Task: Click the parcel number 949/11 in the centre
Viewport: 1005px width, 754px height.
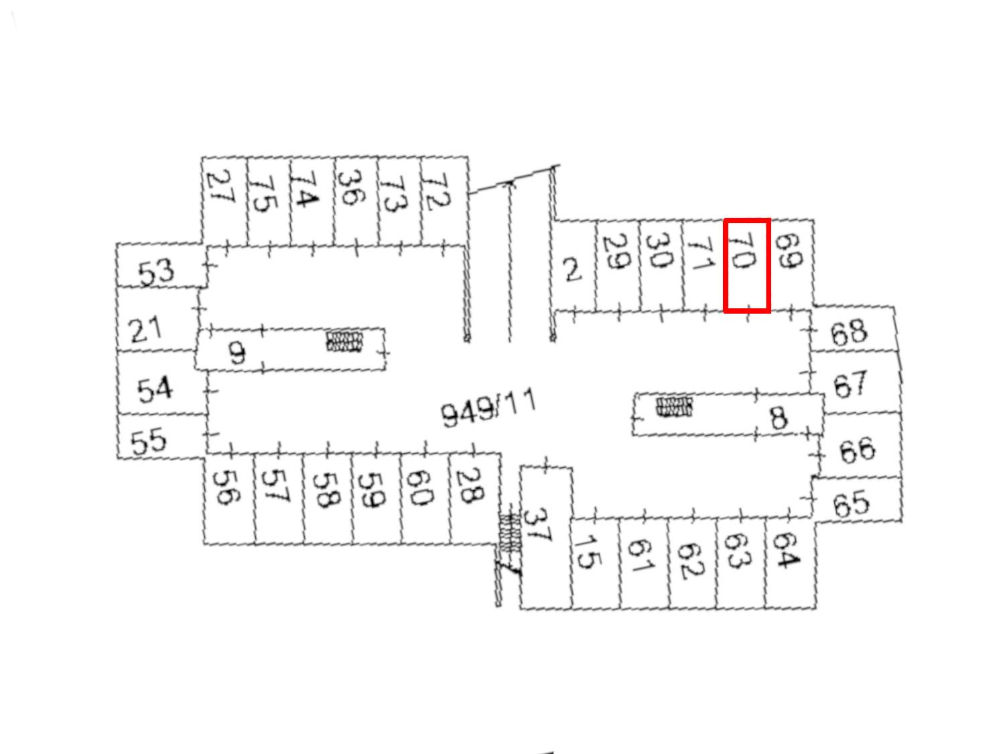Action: (487, 409)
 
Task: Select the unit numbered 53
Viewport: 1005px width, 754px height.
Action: (160, 265)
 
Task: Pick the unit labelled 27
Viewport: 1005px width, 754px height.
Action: (224, 201)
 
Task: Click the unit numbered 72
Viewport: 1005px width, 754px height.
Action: (444, 201)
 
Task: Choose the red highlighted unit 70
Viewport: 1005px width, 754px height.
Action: (746, 265)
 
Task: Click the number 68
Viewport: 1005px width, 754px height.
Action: (849, 332)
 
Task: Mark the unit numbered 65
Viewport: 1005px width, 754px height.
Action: (857, 499)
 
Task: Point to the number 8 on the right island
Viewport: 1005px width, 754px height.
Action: (779, 418)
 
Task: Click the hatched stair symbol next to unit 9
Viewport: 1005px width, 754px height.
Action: (345, 342)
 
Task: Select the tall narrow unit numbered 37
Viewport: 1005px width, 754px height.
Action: (546, 538)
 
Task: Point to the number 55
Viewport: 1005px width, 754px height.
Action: (148, 441)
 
